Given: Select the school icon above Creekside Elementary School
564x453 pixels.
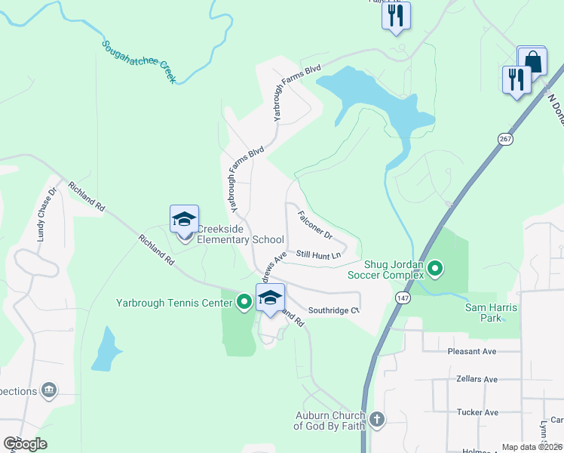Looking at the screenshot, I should click(x=184, y=220).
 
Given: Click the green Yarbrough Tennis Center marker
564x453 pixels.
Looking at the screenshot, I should click(x=244, y=303).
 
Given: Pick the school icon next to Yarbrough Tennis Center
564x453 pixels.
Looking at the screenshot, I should click(x=271, y=298).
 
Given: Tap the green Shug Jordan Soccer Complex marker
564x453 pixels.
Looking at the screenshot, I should click(x=434, y=268).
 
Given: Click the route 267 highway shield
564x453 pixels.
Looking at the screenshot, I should click(x=504, y=138).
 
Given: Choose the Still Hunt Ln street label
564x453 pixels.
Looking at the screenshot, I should click(x=318, y=255).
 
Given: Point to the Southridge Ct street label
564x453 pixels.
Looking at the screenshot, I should click(x=333, y=310).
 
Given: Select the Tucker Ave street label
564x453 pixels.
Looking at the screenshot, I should click(x=477, y=412).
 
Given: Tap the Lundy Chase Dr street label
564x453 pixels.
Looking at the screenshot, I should click(x=47, y=215).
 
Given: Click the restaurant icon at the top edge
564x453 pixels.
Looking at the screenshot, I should click(x=396, y=15).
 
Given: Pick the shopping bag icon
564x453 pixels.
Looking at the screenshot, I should click(x=532, y=61).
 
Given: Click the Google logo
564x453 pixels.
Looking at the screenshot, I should click(x=25, y=443).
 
